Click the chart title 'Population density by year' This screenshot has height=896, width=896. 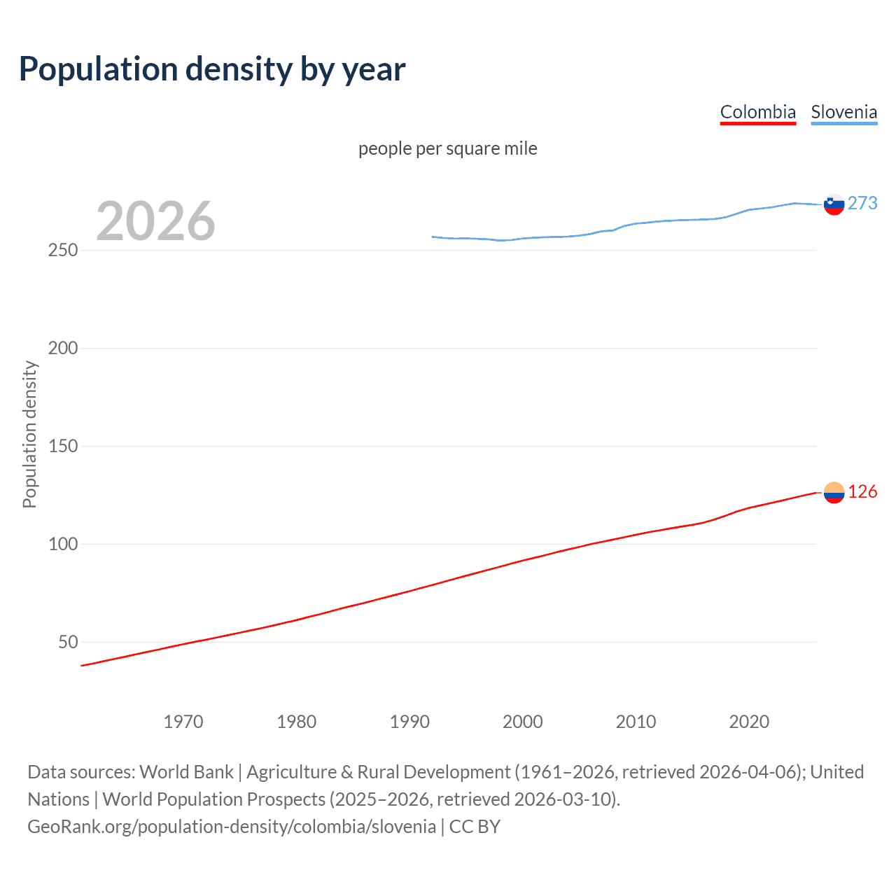(212, 69)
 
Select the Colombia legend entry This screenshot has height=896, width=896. (758, 112)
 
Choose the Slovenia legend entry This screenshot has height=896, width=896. (843, 112)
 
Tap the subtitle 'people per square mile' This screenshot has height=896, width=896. (447, 148)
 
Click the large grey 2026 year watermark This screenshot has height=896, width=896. (155, 221)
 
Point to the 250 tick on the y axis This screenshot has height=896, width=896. (63, 250)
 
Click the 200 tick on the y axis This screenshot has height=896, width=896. (63, 348)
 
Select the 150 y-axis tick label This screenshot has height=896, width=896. (63, 446)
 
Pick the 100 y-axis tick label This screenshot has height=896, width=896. (63, 544)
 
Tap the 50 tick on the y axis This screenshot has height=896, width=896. (68, 642)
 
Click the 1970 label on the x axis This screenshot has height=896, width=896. (183, 722)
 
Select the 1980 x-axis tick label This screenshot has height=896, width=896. (296, 722)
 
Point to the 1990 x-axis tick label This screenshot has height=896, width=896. (409, 722)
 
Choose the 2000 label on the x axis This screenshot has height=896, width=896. (523, 722)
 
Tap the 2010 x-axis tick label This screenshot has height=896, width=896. (636, 722)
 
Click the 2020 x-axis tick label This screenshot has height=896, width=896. (749, 722)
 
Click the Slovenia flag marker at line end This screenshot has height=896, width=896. (834, 204)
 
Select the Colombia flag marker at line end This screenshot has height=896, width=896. (834, 493)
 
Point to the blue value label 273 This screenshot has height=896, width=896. (862, 203)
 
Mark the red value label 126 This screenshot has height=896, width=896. (862, 492)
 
